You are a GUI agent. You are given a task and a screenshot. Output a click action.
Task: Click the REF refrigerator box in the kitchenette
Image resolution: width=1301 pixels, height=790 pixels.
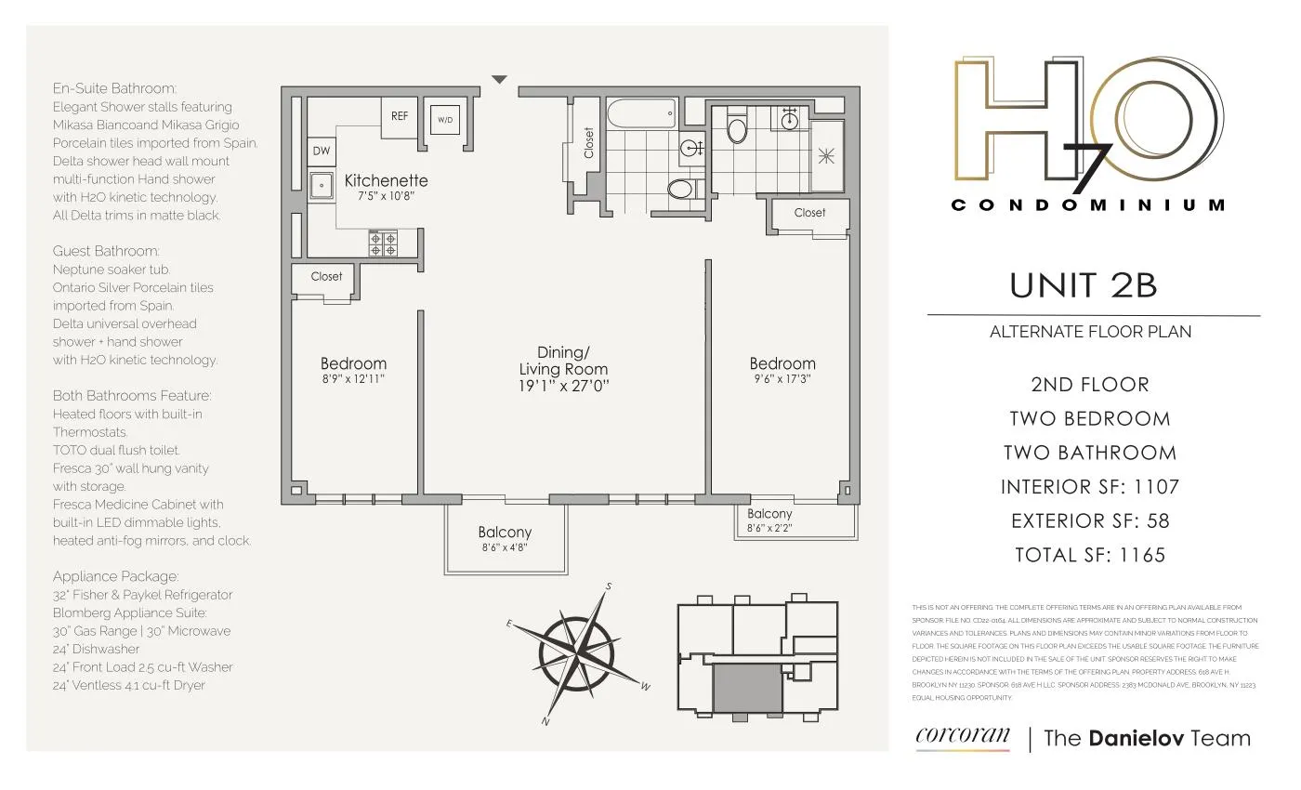399,117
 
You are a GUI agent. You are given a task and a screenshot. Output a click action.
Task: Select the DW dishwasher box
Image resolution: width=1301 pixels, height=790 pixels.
322,151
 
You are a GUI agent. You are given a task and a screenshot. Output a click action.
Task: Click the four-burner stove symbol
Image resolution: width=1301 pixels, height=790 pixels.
383,244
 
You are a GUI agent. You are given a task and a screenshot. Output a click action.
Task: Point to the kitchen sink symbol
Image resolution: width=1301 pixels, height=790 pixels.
322,186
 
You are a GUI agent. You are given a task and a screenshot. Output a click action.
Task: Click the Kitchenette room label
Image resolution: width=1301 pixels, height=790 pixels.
386,180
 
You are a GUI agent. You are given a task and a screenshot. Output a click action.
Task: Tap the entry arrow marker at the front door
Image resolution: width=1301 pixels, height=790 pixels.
499,80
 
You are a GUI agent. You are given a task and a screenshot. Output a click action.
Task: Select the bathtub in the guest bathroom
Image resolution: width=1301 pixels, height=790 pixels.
642,115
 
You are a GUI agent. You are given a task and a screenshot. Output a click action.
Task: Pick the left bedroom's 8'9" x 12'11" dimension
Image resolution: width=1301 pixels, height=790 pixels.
353,379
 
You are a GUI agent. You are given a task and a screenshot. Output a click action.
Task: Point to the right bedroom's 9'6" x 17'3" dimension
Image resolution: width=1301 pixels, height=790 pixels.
782,379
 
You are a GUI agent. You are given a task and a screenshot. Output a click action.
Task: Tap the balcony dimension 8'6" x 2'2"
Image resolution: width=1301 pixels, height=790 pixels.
769,528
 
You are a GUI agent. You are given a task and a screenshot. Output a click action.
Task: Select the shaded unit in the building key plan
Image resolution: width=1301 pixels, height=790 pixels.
748,688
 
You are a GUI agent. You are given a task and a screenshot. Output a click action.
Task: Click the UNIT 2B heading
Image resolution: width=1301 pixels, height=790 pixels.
1084,285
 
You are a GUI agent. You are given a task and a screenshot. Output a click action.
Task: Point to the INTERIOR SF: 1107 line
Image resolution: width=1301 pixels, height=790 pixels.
1089,487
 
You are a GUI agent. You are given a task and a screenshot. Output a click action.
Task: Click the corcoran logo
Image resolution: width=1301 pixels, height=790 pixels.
962,736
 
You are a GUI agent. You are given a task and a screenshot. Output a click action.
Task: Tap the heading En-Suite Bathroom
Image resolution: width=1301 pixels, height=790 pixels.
114,89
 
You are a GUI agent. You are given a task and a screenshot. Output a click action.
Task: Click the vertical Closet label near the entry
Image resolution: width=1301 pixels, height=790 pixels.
588,142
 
